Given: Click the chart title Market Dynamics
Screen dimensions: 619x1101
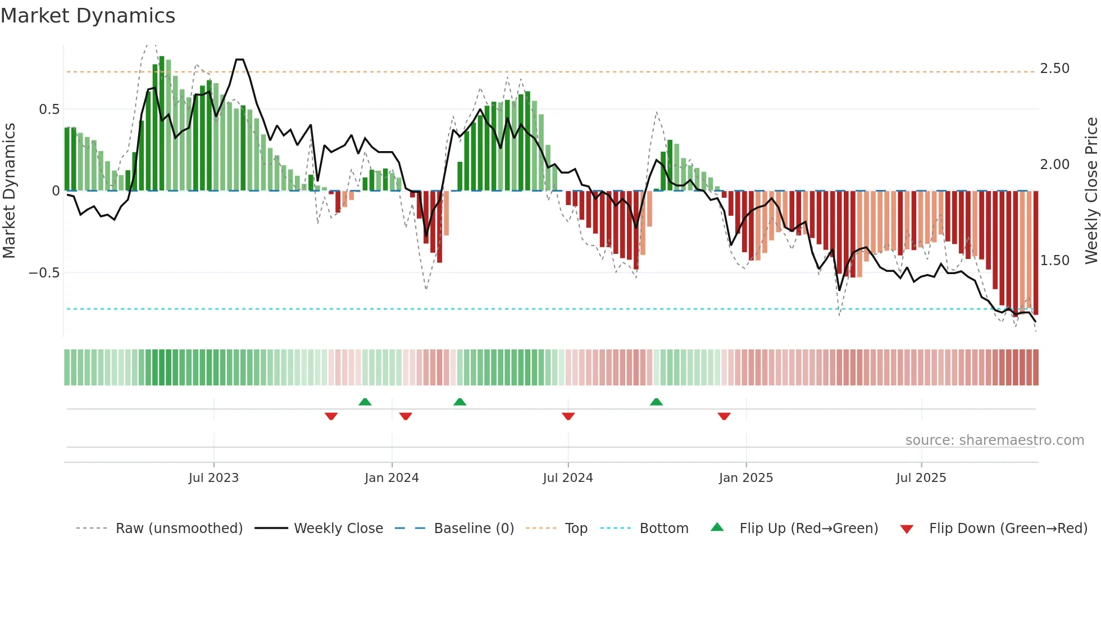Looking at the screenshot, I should (88, 16).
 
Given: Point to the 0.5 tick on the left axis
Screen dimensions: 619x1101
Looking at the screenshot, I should (49, 110).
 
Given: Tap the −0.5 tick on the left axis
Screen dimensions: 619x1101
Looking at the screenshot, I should (44, 273).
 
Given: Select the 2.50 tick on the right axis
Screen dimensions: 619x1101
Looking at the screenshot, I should (1054, 69).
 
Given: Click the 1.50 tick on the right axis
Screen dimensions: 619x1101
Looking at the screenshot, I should (1054, 261).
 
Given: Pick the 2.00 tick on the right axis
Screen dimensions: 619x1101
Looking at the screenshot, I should (1054, 165).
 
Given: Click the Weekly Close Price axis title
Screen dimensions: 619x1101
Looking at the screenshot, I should (1091, 190).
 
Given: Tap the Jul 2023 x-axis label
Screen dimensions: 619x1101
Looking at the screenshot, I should (213, 478).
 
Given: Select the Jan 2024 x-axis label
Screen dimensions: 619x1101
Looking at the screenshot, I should (392, 478).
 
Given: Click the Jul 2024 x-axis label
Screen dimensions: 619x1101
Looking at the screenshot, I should (568, 478).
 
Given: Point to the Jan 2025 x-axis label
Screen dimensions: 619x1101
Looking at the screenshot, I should (746, 478).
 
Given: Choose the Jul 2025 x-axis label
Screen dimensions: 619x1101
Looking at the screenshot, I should (921, 478).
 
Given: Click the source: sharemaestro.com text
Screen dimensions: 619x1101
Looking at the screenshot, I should (994, 440).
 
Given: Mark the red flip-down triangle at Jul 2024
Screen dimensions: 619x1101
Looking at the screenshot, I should (568, 416).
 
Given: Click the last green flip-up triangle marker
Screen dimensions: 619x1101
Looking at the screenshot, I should (656, 402).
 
